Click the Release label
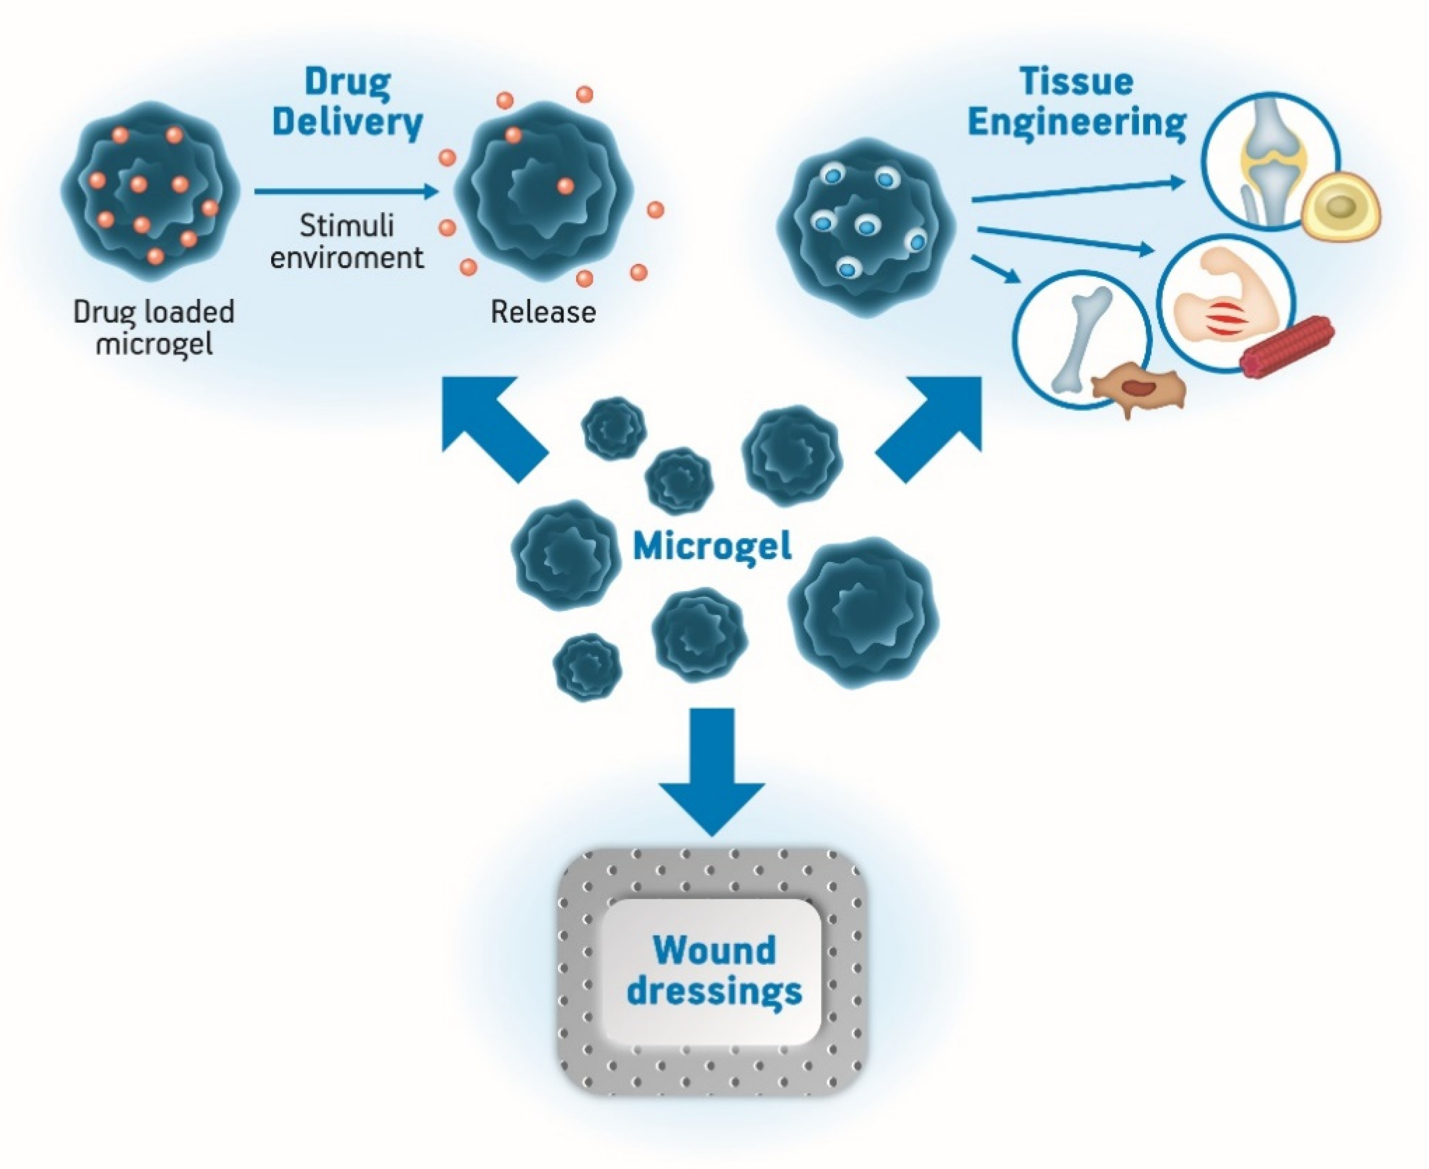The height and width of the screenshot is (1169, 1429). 543,312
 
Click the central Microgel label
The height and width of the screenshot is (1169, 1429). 712,546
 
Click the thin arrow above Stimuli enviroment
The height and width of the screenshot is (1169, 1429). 346,192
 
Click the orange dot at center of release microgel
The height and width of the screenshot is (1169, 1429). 565,186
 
